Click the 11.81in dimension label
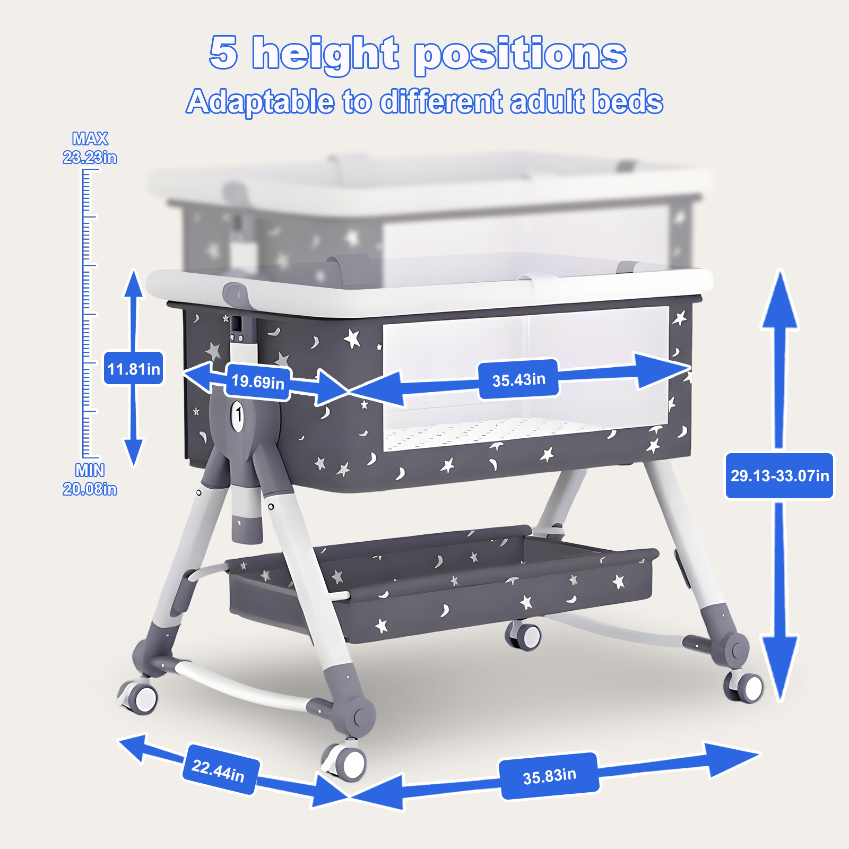[x=133, y=369]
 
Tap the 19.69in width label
[x=258, y=381]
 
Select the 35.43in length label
[x=518, y=379]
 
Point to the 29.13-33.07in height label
[x=779, y=475]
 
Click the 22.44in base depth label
[x=219, y=770]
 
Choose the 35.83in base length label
[x=550, y=776]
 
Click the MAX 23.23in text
[x=90, y=148]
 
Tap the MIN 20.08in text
[x=90, y=479]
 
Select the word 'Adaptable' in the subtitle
[x=260, y=101]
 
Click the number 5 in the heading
[x=223, y=52]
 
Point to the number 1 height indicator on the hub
[x=238, y=415]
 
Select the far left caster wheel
[x=138, y=696]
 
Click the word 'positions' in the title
[x=521, y=55]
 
